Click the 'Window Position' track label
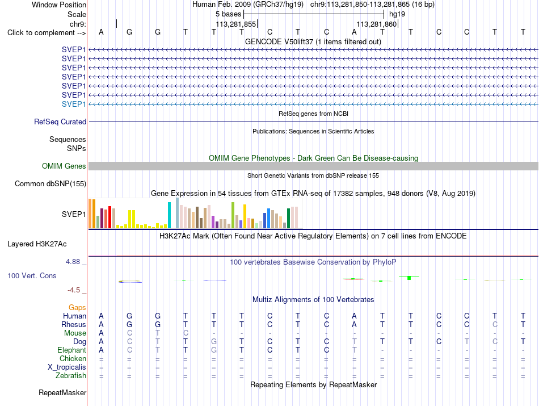tap(59, 5)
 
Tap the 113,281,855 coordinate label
tap(236, 24)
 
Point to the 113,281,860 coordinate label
tap(376, 24)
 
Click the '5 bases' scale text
tap(228, 14)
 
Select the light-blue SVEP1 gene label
tap(74, 104)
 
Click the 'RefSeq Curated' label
tap(60, 122)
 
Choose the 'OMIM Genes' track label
tap(64, 166)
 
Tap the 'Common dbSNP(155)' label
tap(50, 184)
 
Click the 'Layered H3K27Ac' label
tap(37, 244)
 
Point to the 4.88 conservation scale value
tap(73, 262)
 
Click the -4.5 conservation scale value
tap(74, 290)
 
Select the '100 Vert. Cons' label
tap(32, 275)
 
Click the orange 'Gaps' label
tap(77, 307)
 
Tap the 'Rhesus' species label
tap(74, 324)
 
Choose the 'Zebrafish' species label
tap(71, 376)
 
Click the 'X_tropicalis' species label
tap(67, 367)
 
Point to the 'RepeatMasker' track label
tap(62, 392)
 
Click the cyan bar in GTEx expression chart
tap(169, 215)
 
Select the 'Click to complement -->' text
tap(47, 33)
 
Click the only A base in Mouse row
tap(101, 333)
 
